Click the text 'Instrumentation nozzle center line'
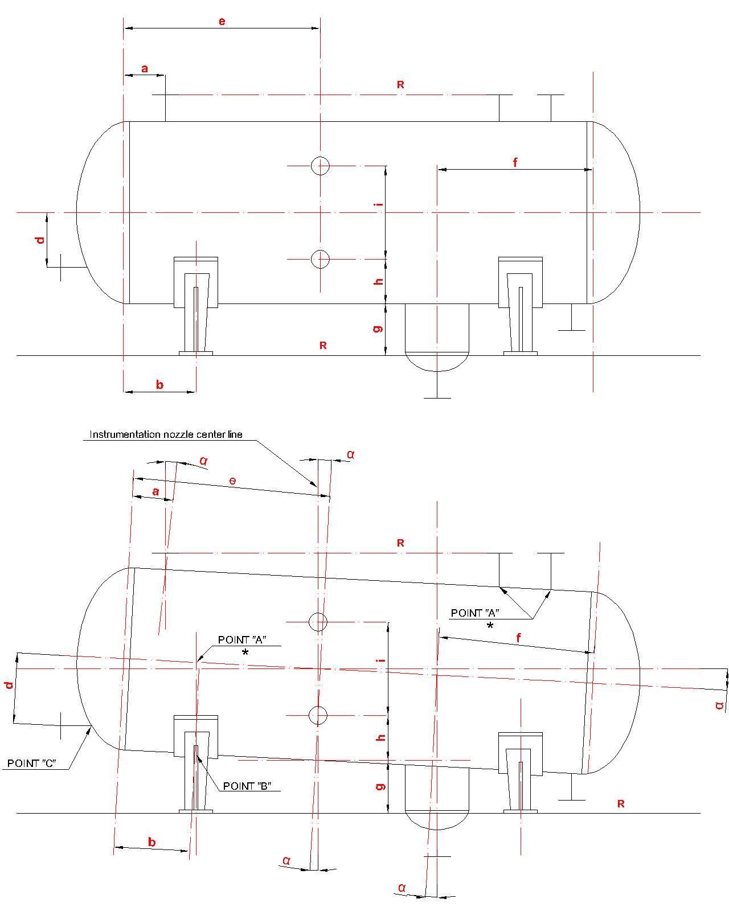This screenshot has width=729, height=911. pos(166,434)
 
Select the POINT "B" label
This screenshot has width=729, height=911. pos(247,786)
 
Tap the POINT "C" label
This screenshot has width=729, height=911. pos(32,764)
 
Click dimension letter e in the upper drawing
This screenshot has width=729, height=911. pos(222,21)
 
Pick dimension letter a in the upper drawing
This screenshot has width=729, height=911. pos(145,68)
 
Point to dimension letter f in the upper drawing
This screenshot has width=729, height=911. pos(515,162)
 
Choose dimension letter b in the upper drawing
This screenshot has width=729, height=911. pos(159,384)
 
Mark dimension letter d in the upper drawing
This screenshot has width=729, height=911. pos(40,240)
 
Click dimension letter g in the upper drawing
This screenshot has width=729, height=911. pos(378,328)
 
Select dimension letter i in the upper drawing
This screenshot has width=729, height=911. pos(379,204)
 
